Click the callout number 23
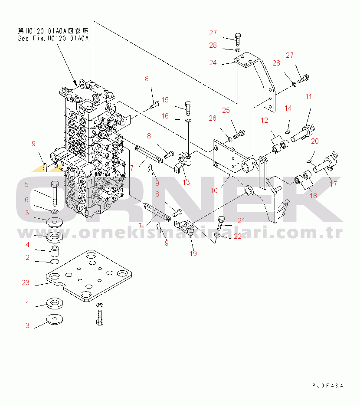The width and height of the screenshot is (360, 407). tap(26, 283)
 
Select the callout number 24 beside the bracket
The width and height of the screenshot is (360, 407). tap(213, 63)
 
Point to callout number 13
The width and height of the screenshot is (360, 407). tap(186, 182)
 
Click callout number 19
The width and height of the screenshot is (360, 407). tap(193, 253)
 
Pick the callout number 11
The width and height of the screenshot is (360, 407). tap(308, 97)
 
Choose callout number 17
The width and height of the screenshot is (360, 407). tap(333, 184)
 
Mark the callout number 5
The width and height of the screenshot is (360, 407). tap(27, 184)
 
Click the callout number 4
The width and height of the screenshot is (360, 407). tap(27, 245)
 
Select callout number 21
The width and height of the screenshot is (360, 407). tap(241, 221)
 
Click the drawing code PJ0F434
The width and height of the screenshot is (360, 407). tap(327, 385)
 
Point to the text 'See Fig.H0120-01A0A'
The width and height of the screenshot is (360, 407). tap(53, 38)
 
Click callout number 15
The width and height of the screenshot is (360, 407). tap(165, 100)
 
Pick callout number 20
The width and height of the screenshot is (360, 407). tap(315, 141)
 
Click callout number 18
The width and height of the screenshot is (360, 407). tap(313, 196)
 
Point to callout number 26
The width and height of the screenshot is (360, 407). tap(212, 118)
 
